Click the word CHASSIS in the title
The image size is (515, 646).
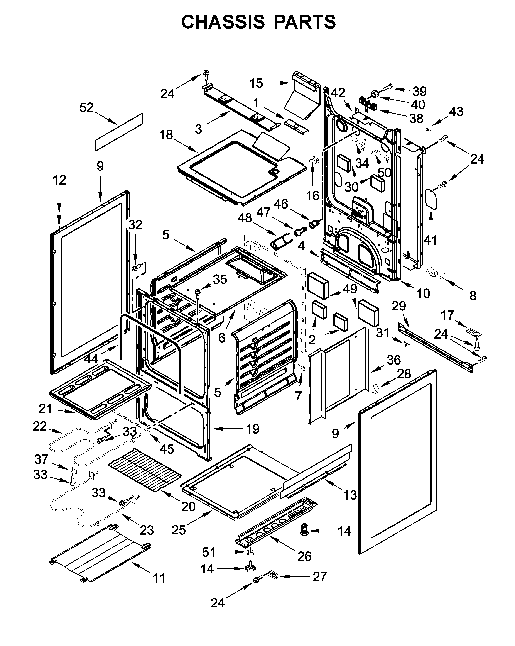(223, 22)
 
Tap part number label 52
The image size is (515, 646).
(86, 108)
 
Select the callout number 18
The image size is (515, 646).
(166, 135)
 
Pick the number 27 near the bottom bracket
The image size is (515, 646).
(319, 576)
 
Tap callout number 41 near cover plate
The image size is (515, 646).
(430, 240)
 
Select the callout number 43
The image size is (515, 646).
(456, 112)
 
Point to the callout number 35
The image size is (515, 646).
(220, 279)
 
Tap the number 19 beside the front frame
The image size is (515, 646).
(252, 429)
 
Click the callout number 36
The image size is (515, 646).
(393, 360)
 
